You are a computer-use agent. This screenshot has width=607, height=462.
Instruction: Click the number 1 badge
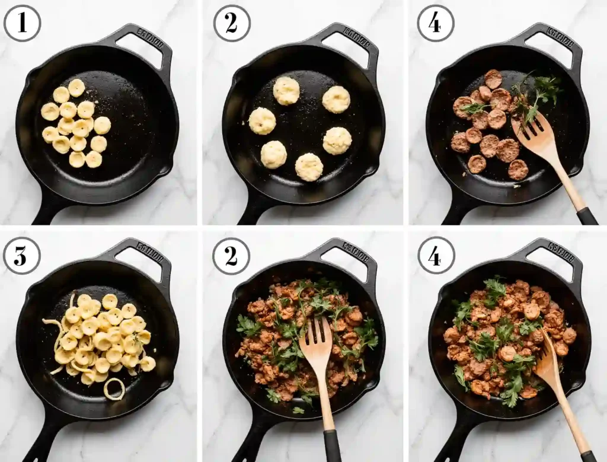pyautogui.click(x=22, y=23)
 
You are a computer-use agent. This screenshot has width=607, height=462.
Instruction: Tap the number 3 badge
pyautogui.click(x=22, y=256)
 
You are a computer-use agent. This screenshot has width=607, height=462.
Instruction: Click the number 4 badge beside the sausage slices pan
pyautogui.click(x=436, y=23)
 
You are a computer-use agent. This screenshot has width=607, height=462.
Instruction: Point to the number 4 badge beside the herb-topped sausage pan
pyautogui.click(x=436, y=256)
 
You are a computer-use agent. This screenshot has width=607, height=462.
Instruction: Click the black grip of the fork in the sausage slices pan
pyautogui.click(x=586, y=216)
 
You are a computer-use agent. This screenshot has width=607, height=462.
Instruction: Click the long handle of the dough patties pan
pyautogui.click(x=252, y=211)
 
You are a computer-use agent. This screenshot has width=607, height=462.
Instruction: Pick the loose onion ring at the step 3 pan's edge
pyautogui.click(x=114, y=389)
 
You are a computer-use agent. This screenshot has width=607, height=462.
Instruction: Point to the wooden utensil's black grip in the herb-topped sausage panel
pyautogui.click(x=587, y=456)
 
